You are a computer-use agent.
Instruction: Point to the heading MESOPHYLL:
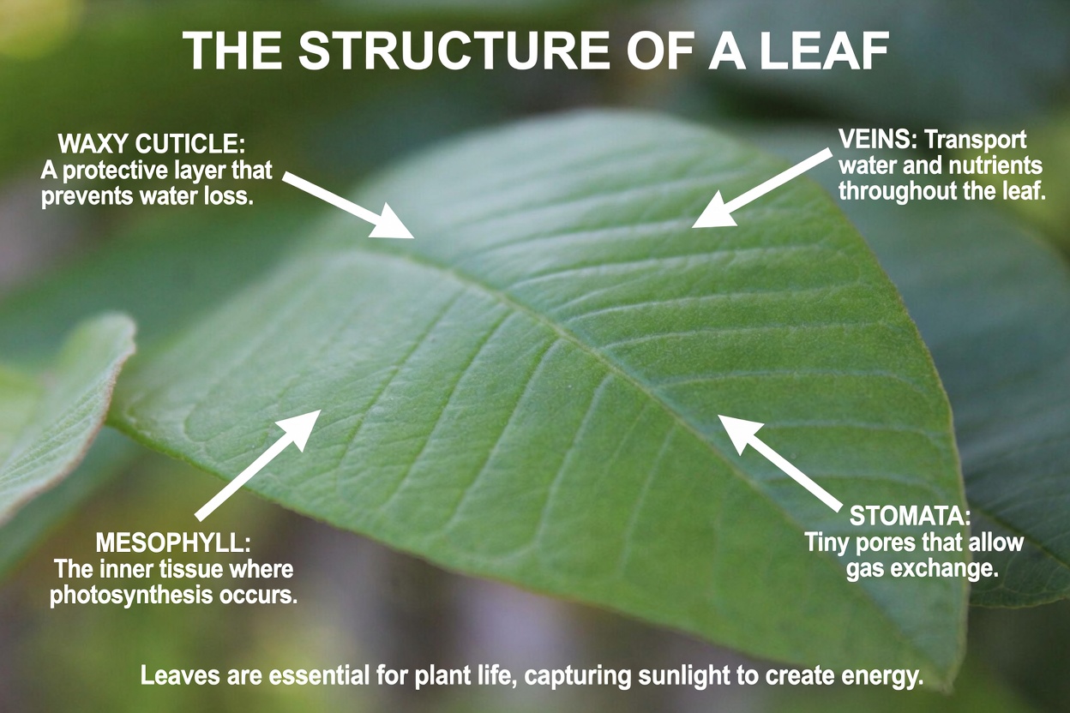[x=173, y=543]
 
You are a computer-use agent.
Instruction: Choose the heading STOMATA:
[x=910, y=516]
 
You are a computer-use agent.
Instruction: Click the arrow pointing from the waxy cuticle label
[x=348, y=206]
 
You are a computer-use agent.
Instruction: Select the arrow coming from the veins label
[x=761, y=189]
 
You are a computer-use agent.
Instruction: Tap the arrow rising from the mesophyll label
[x=258, y=464]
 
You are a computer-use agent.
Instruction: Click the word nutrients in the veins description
[x=995, y=166]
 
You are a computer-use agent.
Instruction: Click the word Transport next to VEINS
[x=976, y=141]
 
